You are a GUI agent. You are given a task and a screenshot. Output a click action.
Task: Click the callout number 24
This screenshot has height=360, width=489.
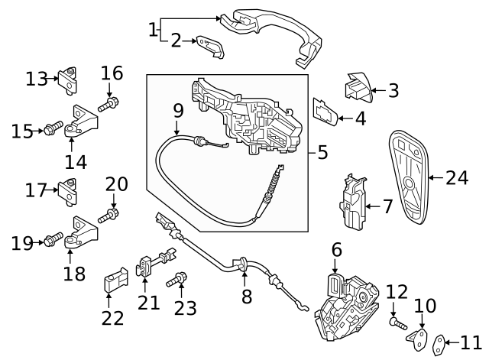tap(457, 178)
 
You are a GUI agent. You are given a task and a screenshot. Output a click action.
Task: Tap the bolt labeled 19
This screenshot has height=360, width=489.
tap(52, 242)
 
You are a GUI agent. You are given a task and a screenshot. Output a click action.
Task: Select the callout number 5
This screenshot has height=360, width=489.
tap(322, 152)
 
